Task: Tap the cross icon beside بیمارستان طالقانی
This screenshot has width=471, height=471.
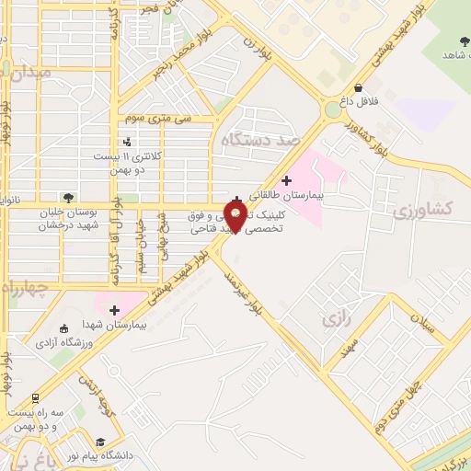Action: [x=285, y=179]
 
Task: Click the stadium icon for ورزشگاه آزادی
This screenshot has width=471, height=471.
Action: [x=63, y=329]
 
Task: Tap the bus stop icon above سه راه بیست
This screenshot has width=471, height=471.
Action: [x=35, y=398]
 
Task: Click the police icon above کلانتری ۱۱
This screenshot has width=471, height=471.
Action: [x=127, y=142]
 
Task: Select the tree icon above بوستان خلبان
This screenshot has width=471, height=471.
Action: [x=68, y=197]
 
